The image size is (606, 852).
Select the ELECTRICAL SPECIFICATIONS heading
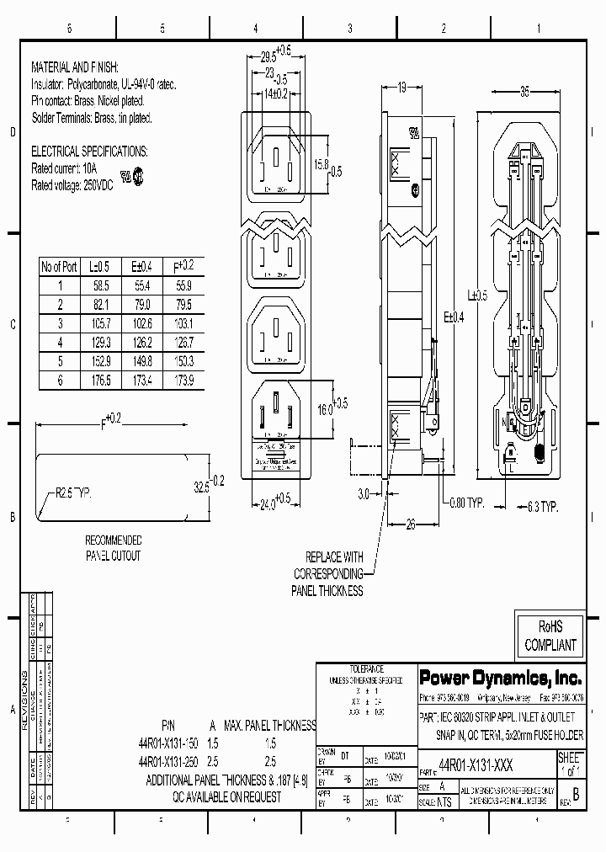pos(89,152)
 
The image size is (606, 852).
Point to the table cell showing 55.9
pos(183,285)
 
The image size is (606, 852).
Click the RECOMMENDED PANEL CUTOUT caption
pos(114,548)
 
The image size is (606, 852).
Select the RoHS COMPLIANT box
pos(550,636)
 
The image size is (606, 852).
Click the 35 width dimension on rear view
pos(524,91)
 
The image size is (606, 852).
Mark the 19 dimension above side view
pos(402,87)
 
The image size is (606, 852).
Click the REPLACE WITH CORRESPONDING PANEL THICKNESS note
pos(327,574)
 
